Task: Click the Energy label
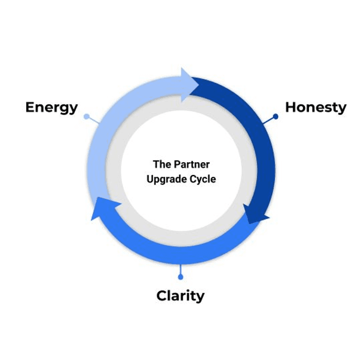point(51,107)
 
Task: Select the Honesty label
point(316,107)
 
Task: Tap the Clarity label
point(180,296)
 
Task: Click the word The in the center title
point(161,164)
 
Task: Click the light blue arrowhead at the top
point(192,84)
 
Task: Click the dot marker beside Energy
point(86,117)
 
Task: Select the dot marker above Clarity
point(180,276)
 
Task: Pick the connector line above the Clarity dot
point(180,269)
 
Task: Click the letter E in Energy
point(31,107)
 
